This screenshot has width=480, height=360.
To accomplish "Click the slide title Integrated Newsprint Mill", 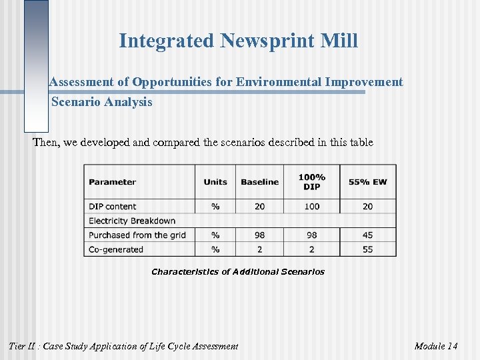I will (238, 41).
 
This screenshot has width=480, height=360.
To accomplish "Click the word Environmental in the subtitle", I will (283, 82).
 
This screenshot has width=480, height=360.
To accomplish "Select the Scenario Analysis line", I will (101, 102).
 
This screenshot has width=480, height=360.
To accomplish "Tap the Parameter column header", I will (112, 182).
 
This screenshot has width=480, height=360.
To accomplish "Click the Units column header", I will (215, 182).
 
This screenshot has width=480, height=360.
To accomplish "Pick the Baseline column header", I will (259, 182).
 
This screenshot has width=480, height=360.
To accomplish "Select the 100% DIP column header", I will (312, 182).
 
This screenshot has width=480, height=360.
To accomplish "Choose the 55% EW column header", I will (367, 182).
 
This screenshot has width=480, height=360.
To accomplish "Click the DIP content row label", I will (112, 207).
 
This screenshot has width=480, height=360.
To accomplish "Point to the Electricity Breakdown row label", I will (132, 221).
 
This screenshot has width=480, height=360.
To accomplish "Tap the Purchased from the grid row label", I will (137, 235).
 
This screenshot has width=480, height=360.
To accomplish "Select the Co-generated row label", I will (116, 249).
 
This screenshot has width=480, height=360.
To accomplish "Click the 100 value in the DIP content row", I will (312, 207).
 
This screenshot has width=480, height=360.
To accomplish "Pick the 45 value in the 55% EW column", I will (367, 235).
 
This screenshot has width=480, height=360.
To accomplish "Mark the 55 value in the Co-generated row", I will (367, 249).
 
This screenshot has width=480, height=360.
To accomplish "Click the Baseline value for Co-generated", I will (259, 249).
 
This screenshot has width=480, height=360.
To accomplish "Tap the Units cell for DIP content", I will (215, 207).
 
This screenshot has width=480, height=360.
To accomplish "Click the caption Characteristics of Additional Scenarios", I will (238, 272).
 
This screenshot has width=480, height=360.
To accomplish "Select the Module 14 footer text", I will (436, 346).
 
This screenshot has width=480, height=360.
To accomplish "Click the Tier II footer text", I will (123, 346).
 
